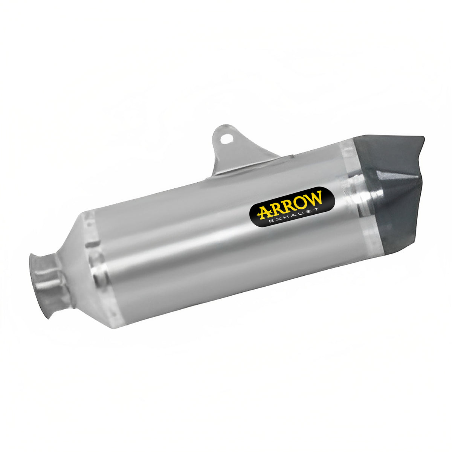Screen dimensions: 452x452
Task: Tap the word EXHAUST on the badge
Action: pos(295,217)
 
